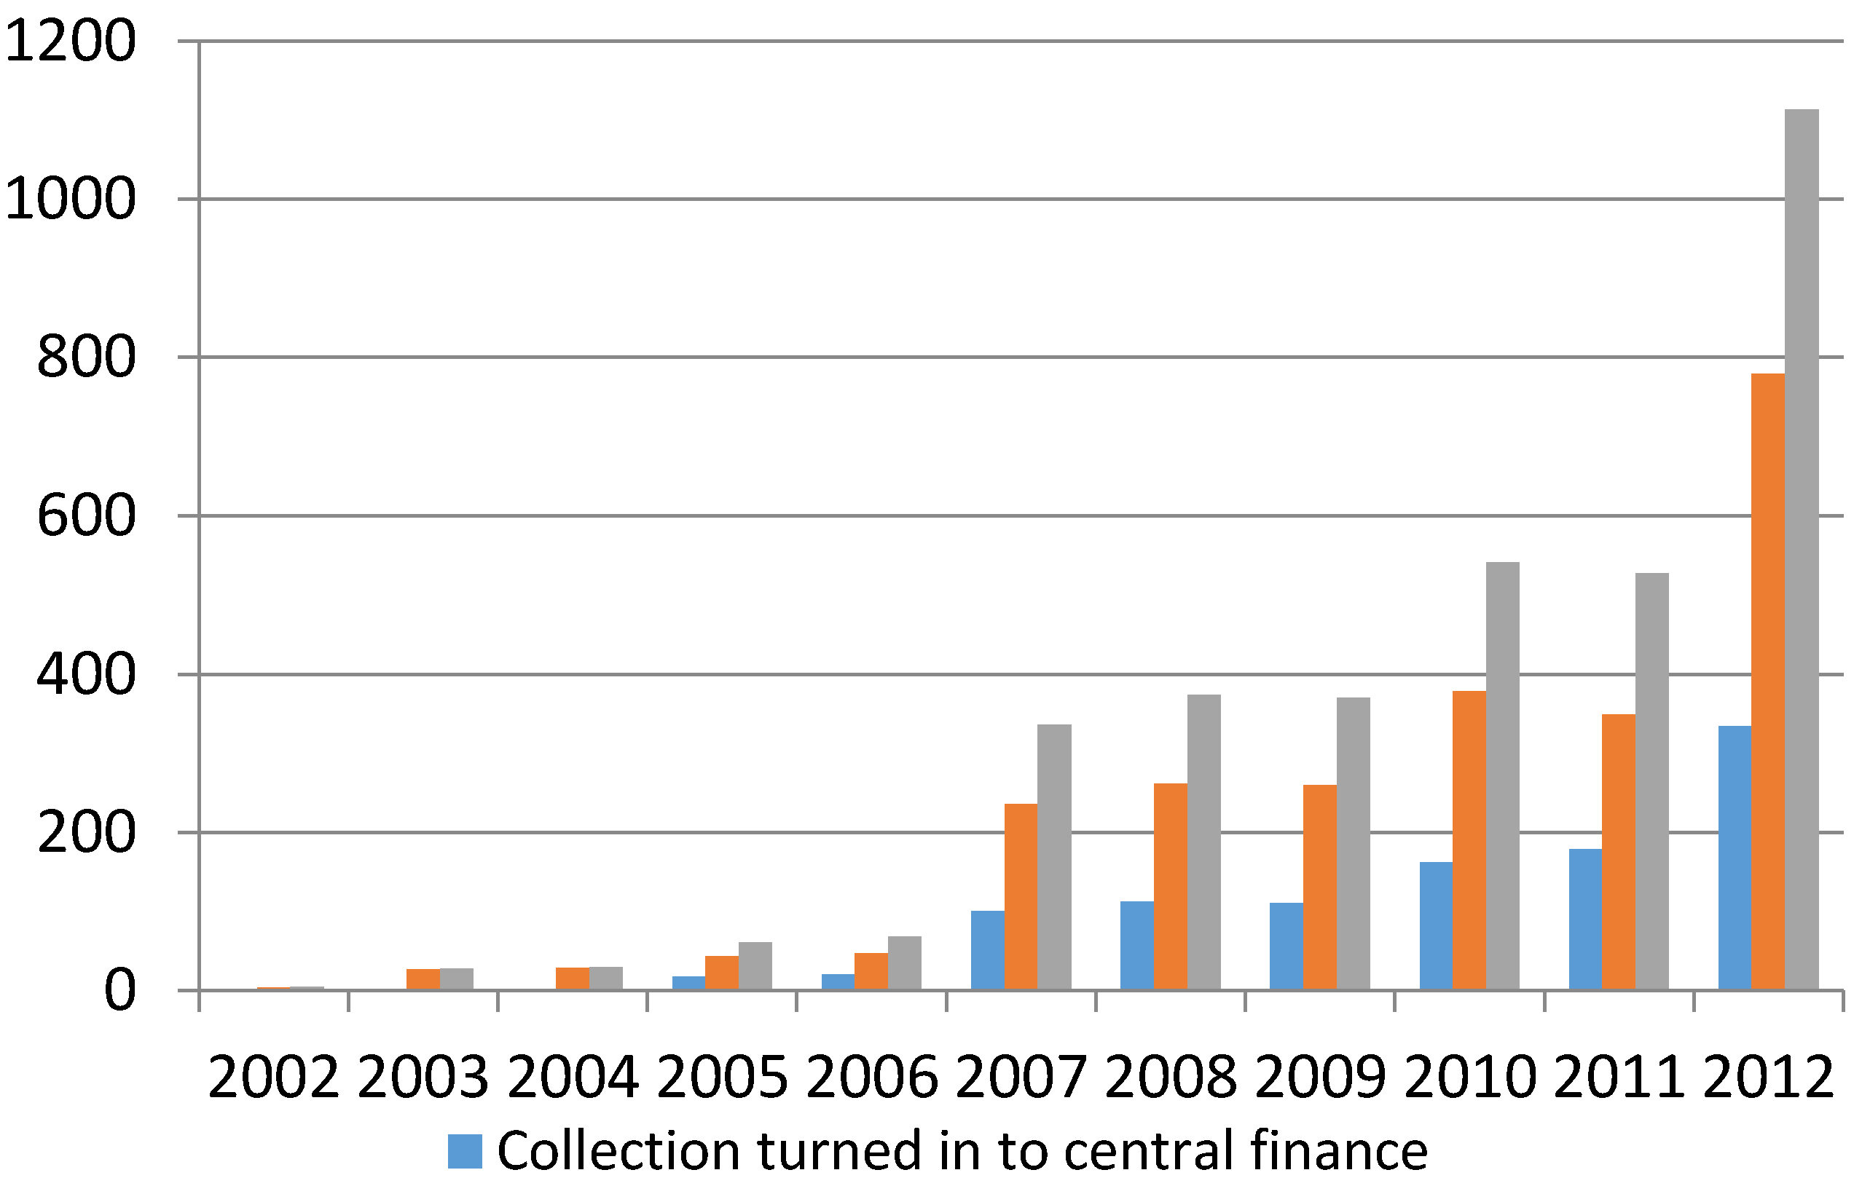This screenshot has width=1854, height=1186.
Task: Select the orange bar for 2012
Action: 1768,681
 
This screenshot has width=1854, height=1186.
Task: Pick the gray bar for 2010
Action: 1503,775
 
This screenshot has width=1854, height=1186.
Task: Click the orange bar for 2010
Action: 1469,840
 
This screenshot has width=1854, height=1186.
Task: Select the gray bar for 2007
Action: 1054,856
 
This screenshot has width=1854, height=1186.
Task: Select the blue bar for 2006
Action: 838,982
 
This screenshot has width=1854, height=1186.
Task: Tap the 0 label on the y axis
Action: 119,991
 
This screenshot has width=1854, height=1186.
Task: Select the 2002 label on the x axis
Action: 274,1078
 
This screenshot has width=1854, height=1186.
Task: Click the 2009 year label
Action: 1320,1078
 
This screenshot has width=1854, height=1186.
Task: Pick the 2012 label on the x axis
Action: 1769,1078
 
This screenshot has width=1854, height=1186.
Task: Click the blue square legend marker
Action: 465,1152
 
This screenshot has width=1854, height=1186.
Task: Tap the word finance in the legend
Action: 1338,1150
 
